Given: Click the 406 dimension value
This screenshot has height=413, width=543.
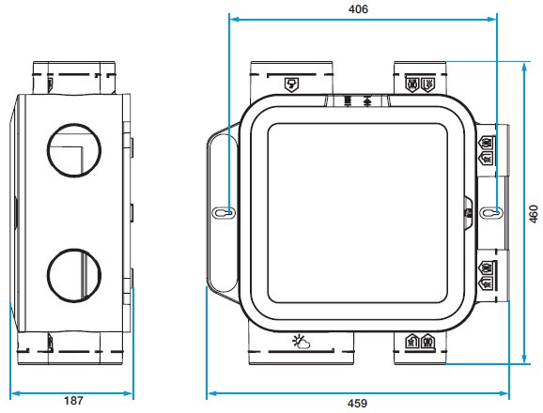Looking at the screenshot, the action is [x=358, y=9].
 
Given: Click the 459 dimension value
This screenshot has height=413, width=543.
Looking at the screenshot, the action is [x=357, y=404].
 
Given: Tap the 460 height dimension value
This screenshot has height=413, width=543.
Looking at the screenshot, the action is [x=534, y=214].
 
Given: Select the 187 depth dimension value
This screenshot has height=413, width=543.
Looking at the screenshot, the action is [x=73, y=401].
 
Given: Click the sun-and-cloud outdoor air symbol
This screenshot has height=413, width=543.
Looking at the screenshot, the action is [x=301, y=342].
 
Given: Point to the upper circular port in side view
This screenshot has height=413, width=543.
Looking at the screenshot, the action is [x=74, y=150].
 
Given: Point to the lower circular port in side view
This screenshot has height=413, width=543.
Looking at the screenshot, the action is [x=74, y=275].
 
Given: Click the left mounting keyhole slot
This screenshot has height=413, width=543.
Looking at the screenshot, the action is [x=224, y=212].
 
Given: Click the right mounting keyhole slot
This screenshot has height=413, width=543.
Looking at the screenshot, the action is [x=491, y=212].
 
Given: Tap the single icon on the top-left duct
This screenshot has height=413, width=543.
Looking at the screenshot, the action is [x=291, y=84].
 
